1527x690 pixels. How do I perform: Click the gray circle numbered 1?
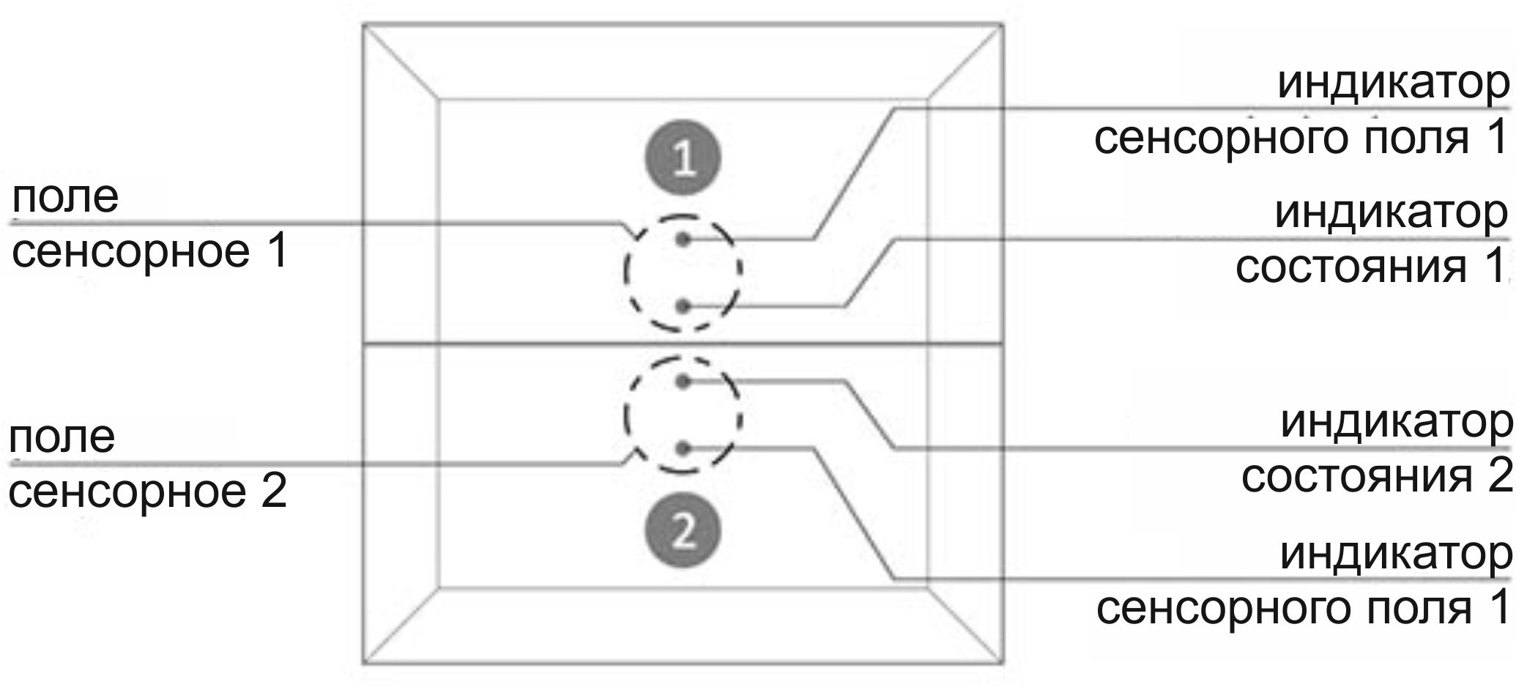point(683,157)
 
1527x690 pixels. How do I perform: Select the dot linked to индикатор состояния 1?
point(683,306)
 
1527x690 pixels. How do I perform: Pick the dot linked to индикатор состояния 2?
point(683,381)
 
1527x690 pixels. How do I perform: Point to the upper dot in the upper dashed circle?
point(683,239)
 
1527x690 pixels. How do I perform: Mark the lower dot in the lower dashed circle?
point(683,448)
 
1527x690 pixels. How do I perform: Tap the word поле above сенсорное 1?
point(65,197)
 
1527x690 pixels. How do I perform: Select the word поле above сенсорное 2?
point(62,437)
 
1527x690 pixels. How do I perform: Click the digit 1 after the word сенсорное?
point(277,252)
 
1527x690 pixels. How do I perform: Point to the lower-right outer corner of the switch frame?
point(1003,664)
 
